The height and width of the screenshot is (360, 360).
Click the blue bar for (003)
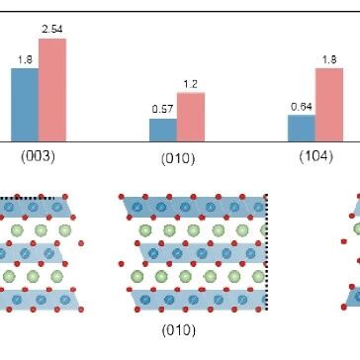click(x=25, y=105)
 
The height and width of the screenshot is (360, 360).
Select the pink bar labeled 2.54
click(x=52, y=90)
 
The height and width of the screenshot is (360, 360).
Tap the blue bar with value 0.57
click(x=163, y=131)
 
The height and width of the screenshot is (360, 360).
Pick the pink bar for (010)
click(x=191, y=117)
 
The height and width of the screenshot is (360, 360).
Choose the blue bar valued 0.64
click(x=302, y=129)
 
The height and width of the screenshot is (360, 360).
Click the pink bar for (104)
click(x=329, y=105)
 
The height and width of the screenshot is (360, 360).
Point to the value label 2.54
click(x=52, y=29)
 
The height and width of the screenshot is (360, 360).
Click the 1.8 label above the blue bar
click(x=25, y=59)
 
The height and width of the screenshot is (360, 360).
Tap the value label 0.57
click(x=163, y=109)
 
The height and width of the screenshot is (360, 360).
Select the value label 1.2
click(x=191, y=84)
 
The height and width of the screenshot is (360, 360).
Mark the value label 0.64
click(x=302, y=107)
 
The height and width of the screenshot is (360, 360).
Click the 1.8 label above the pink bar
click(x=329, y=59)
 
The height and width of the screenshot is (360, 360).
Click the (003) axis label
click(x=38, y=156)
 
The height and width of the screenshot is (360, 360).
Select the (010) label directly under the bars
click(x=178, y=159)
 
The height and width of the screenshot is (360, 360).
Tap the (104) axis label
click(x=316, y=156)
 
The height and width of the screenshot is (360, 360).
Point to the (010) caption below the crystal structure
click(x=179, y=330)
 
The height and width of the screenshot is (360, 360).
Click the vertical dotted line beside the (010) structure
click(x=266, y=252)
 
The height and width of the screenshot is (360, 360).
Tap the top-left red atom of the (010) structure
click(x=122, y=197)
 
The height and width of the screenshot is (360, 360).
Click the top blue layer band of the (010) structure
click(x=195, y=207)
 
